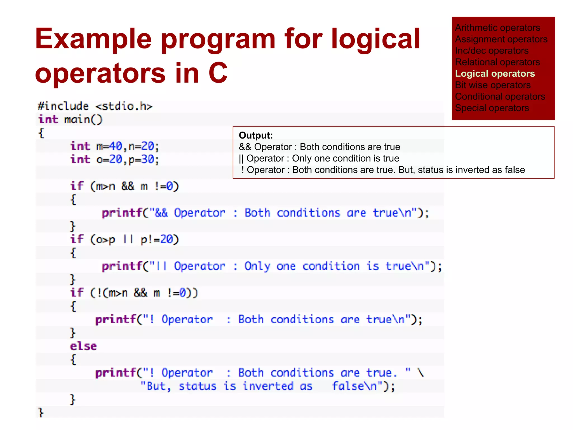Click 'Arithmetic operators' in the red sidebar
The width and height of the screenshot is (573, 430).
[x=497, y=28]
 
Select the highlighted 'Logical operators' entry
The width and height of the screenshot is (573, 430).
[x=495, y=74]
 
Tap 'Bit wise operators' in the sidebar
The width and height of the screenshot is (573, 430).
[x=493, y=85]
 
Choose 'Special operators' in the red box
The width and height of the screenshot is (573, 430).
[x=492, y=108]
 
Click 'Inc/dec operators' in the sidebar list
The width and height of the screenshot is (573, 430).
[x=492, y=51]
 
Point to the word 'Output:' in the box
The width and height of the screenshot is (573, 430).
[x=256, y=135]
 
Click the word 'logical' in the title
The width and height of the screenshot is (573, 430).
[x=375, y=39]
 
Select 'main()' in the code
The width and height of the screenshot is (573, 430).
[x=83, y=120]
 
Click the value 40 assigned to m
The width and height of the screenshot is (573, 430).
[x=116, y=146]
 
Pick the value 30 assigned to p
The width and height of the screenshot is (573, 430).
[x=148, y=160]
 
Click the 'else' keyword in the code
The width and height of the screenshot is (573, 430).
[x=83, y=346]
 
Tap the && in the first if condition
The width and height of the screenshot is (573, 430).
[x=128, y=186]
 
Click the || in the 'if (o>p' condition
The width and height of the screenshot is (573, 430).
[x=128, y=240]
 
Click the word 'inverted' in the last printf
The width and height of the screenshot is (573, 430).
[x=268, y=386]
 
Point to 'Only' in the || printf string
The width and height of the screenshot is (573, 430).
[x=257, y=266]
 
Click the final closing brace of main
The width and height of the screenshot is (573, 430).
[x=41, y=413]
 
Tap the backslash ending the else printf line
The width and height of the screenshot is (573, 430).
[x=421, y=373]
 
